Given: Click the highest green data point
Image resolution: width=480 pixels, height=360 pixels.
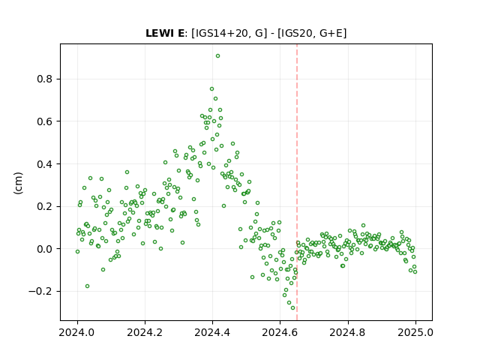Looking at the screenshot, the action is point(217,56).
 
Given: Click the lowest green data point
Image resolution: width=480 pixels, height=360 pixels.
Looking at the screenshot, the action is point(292,308).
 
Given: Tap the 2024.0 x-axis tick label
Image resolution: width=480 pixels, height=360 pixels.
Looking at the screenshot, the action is point(77,332).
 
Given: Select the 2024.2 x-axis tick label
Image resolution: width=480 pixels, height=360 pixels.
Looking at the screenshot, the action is point(145,332).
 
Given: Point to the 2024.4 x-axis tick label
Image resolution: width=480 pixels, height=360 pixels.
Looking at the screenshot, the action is point(212,332).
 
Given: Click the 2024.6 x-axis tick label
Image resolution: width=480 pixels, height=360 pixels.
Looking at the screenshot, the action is point(280,332).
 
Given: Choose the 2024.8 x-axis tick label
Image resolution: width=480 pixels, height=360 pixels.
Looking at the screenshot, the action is point(348,332).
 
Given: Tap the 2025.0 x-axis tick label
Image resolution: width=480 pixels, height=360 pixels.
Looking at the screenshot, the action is point(415,332).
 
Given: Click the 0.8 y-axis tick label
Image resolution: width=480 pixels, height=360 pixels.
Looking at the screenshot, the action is point(45,79).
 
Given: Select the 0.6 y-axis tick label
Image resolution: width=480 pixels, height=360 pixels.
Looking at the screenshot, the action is point(45,121).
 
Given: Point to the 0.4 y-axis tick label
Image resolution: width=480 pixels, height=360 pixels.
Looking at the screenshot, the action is point(45,164).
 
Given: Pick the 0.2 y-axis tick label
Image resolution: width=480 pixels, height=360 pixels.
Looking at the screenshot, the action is point(45,207).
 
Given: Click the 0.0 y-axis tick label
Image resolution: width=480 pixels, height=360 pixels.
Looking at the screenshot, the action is point(45,249).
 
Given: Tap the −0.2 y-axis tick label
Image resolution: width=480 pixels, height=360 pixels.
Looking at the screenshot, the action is point(40,292).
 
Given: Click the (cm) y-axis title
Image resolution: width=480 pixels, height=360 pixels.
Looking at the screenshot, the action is point(18,183).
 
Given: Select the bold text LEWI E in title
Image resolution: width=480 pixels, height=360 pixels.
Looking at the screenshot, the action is point(165,33).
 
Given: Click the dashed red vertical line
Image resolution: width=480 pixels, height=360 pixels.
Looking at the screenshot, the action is point(297,182).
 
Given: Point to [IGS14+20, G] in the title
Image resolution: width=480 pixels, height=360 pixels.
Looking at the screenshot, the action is point(226,33).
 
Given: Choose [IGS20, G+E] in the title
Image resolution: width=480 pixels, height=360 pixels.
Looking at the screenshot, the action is point(312,33).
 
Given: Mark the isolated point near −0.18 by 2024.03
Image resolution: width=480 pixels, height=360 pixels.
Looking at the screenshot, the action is point(87,286).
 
